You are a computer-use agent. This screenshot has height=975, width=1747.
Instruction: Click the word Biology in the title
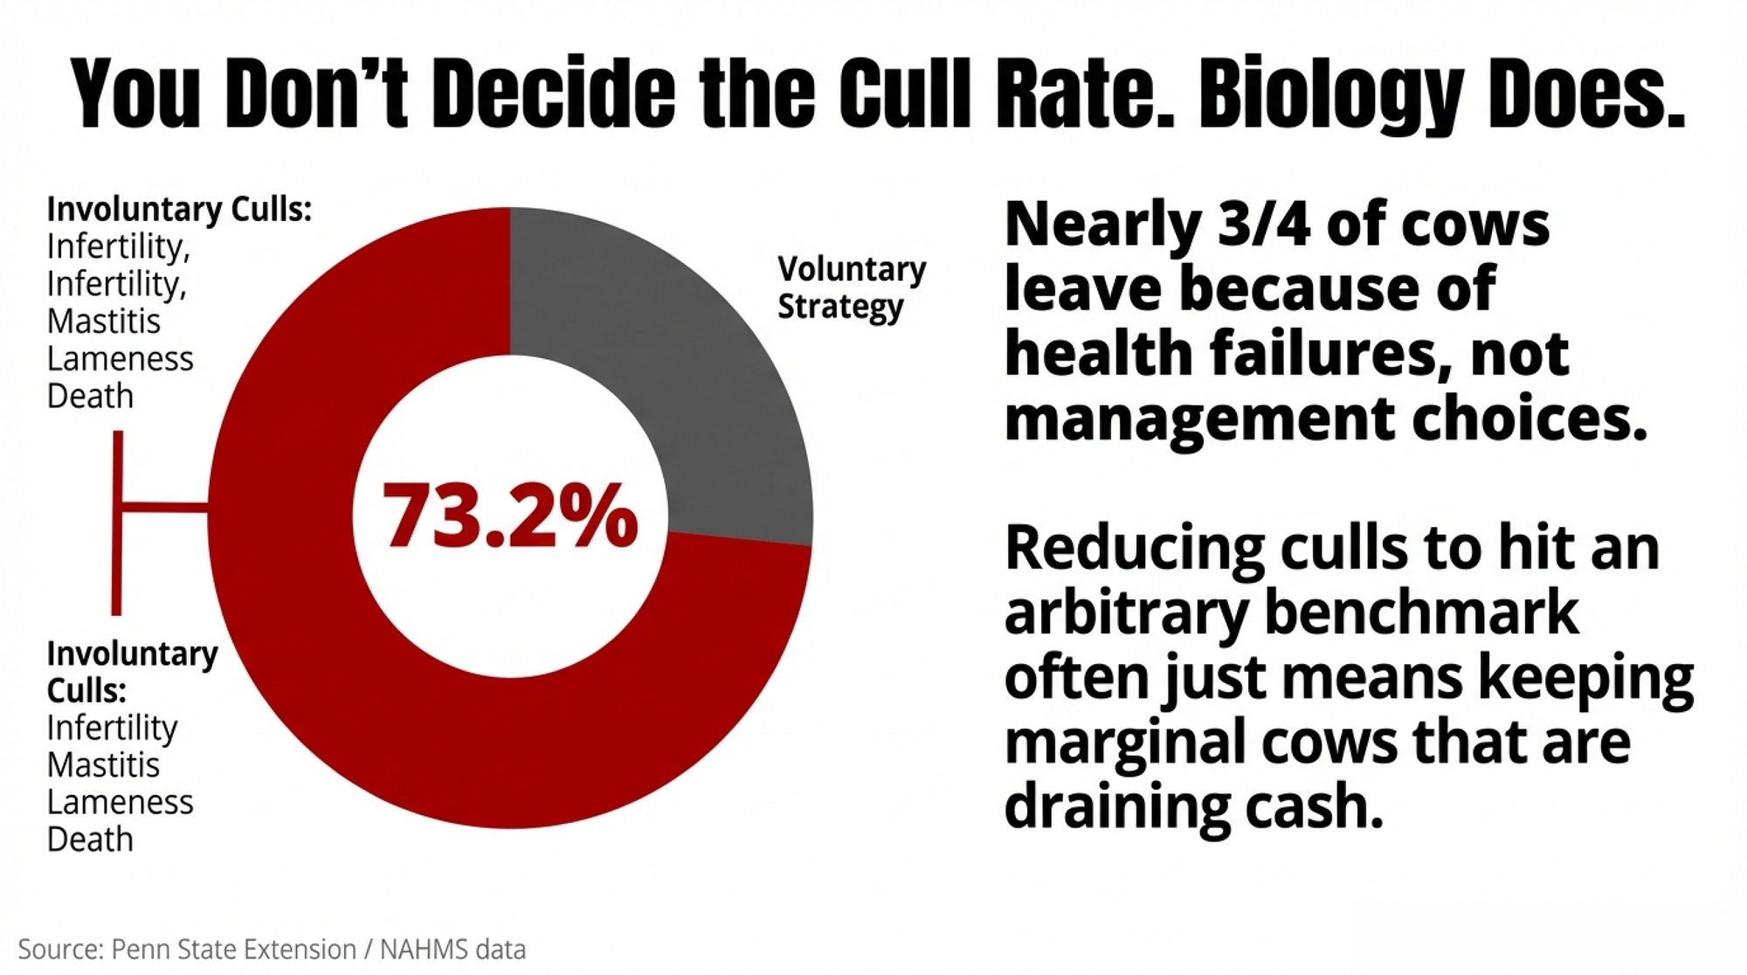click(1329, 94)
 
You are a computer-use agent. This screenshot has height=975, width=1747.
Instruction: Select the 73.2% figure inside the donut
click(510, 516)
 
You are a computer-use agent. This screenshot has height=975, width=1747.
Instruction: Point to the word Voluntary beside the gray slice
click(852, 270)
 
